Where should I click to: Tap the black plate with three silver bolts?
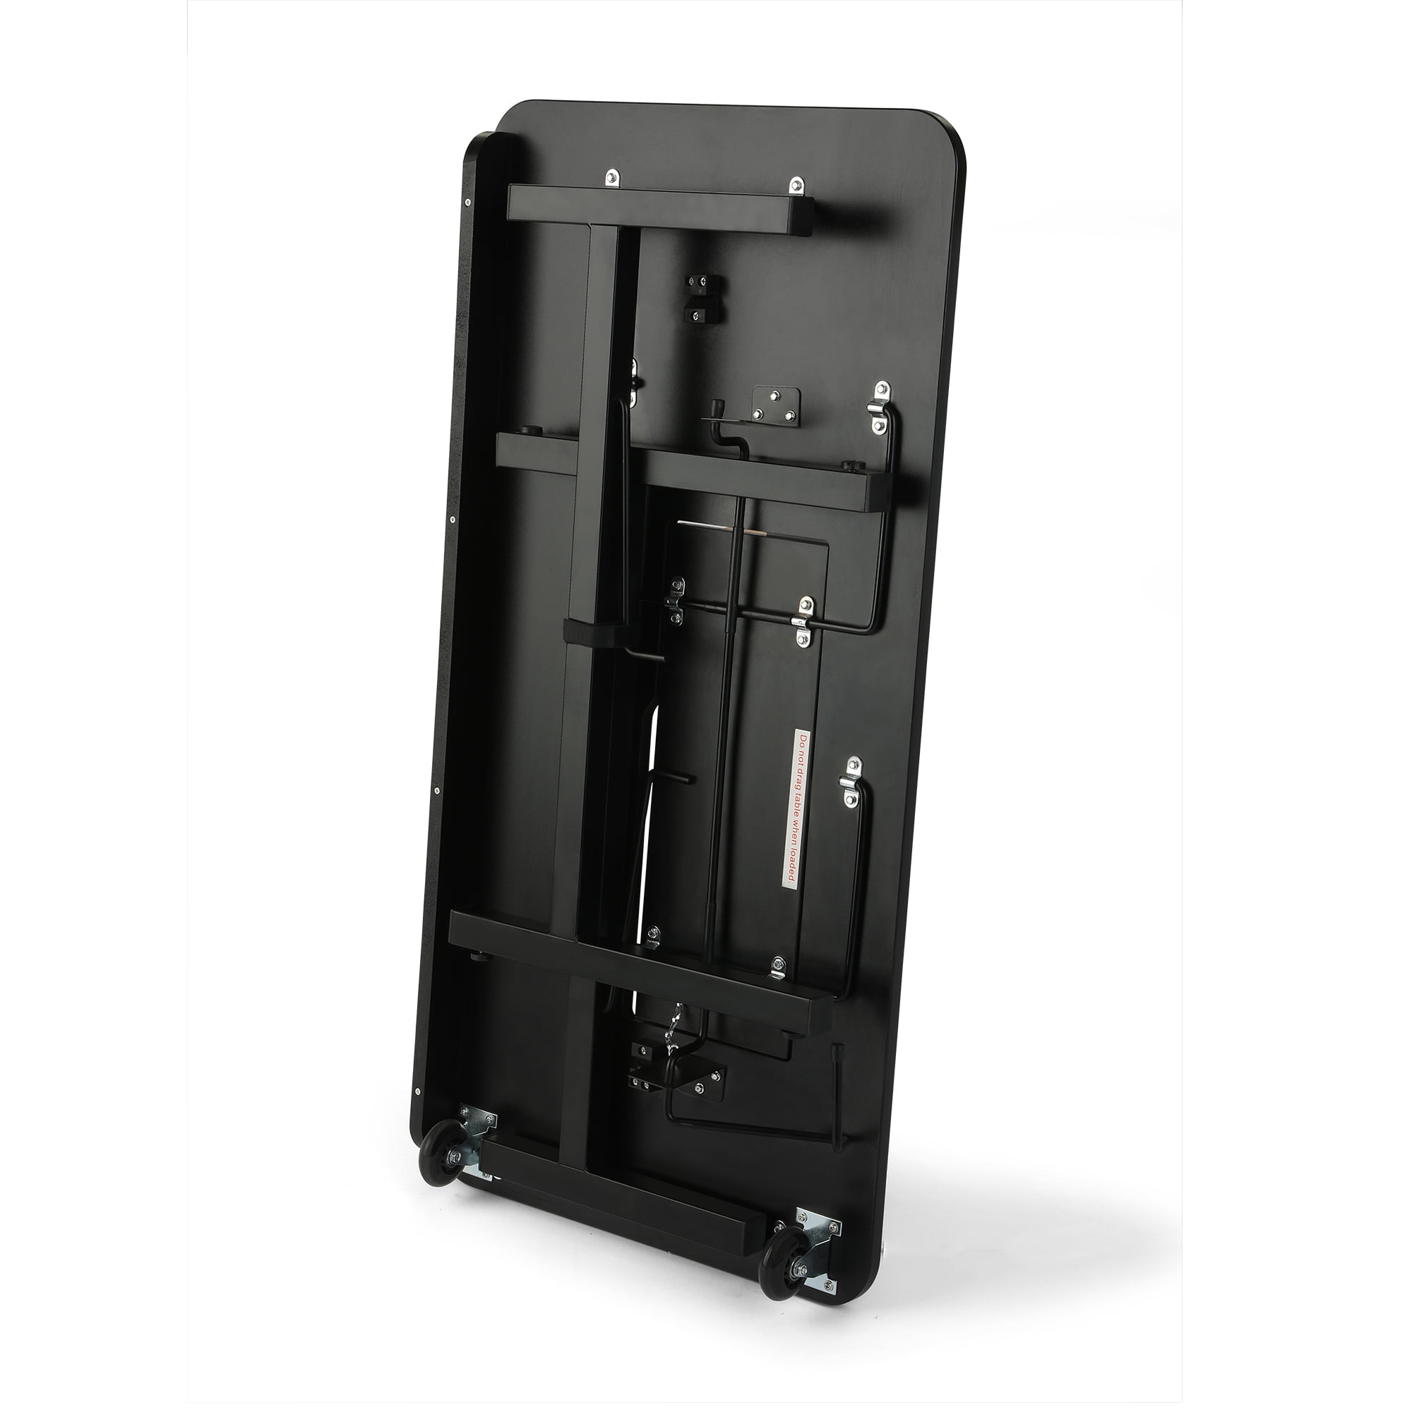(777, 406)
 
